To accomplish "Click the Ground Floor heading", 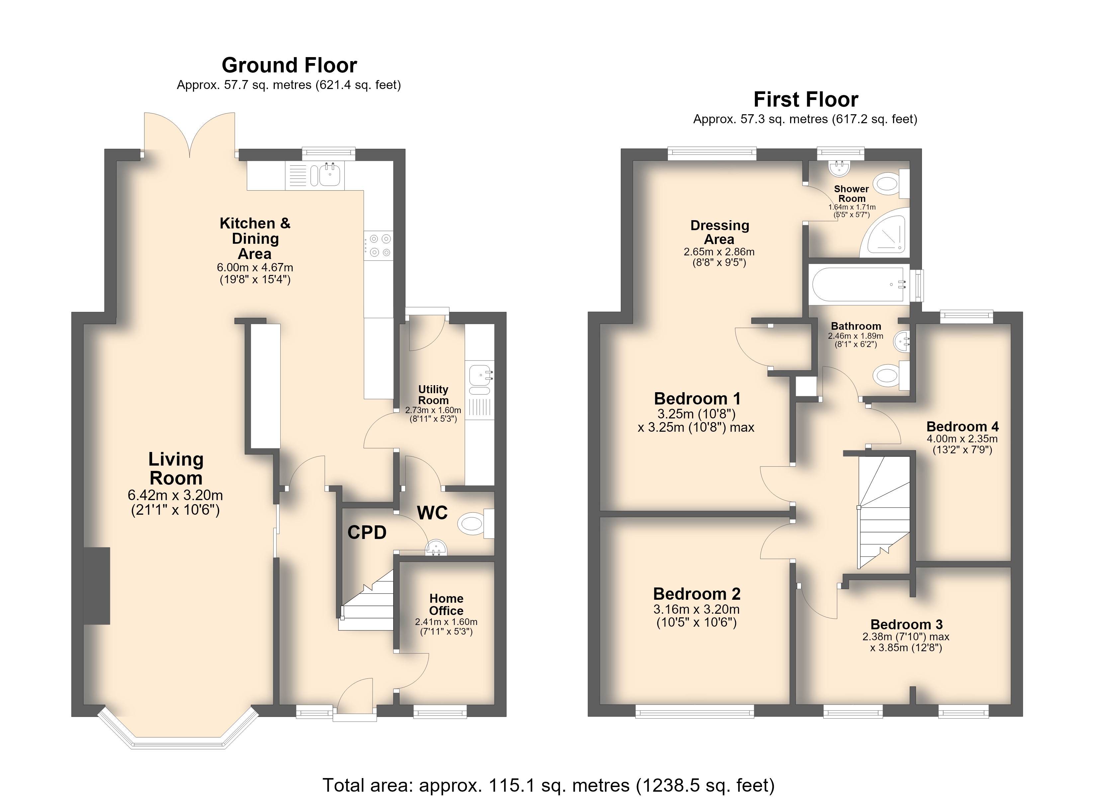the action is (x=289, y=65).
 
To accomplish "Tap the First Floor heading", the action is (x=806, y=100).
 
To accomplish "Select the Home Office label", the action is (x=446, y=604).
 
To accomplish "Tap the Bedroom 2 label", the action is (x=696, y=593).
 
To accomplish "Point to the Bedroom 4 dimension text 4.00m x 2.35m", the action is (x=962, y=439).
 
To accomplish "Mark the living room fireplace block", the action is (x=97, y=585).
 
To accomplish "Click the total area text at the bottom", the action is (x=548, y=785).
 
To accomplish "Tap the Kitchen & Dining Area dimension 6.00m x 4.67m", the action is (x=255, y=267).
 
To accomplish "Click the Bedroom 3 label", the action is (x=906, y=624).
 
